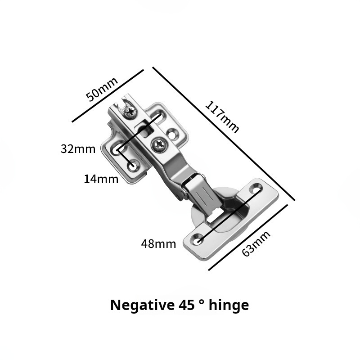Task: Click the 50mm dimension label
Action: (102, 89)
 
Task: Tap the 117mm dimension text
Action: (222, 117)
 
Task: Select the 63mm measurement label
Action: (256, 243)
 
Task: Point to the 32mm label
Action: (78, 149)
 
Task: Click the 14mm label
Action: (101, 179)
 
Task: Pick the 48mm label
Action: (158, 244)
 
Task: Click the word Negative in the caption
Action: (142, 305)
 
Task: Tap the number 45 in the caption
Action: (185, 305)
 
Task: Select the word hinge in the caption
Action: (229, 306)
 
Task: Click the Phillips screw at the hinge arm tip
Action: (130, 112)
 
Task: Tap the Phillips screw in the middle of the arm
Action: (159, 144)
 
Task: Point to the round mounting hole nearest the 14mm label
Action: (133, 166)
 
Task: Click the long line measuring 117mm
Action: (224, 134)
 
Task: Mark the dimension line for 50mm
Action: (108, 95)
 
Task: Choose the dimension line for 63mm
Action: (248, 238)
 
